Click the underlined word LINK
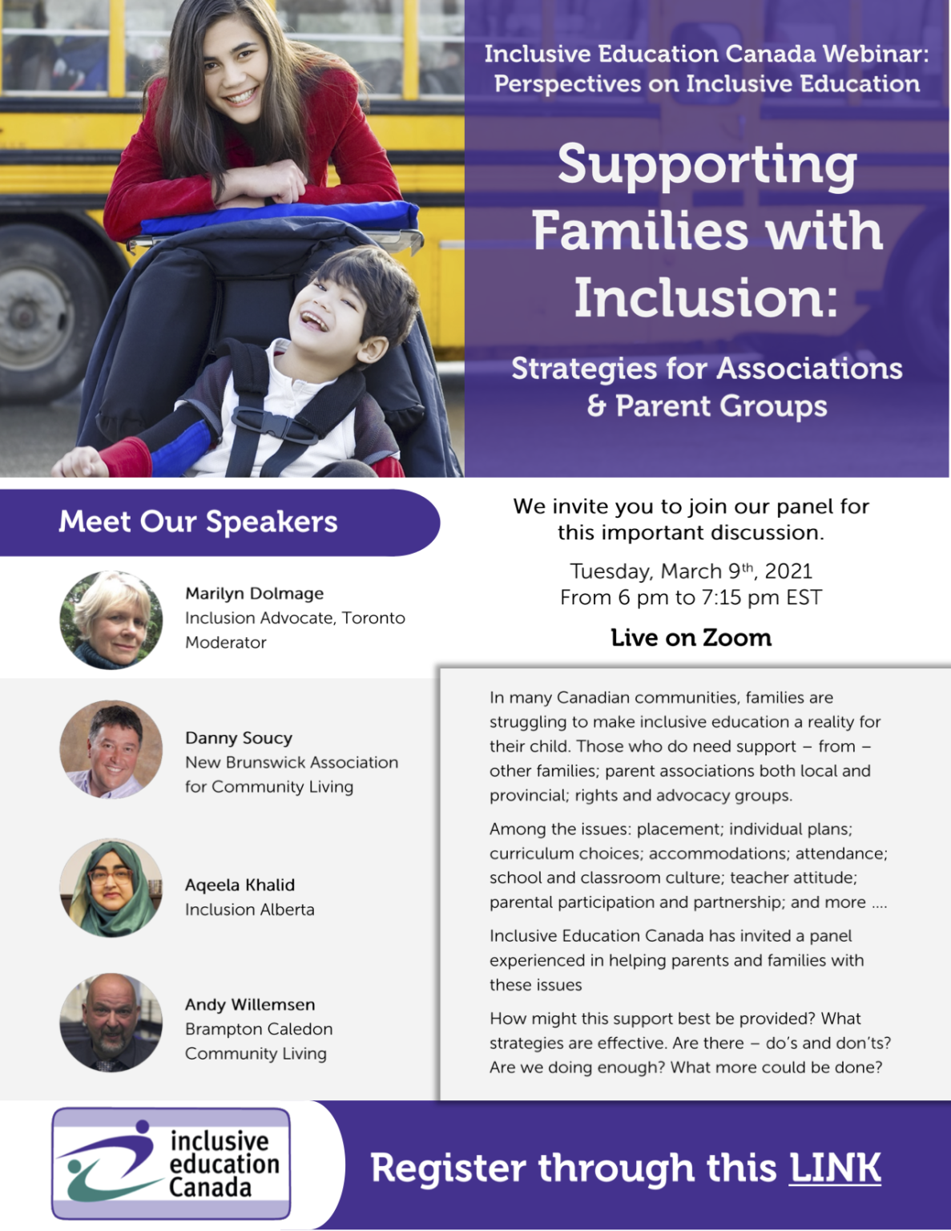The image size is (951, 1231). (x=835, y=1168)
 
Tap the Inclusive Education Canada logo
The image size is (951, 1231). (x=171, y=1164)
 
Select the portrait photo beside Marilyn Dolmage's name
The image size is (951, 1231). (x=111, y=620)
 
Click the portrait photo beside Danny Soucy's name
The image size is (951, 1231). (x=111, y=749)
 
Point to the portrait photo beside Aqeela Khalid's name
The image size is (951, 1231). (x=111, y=888)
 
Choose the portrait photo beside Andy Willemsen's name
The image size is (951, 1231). (x=111, y=1023)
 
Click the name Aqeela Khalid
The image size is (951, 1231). (x=240, y=885)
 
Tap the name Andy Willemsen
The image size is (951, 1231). (x=250, y=1004)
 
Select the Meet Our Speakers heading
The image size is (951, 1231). (x=198, y=522)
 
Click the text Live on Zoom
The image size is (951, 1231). (x=691, y=638)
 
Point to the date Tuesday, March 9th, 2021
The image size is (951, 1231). (x=691, y=571)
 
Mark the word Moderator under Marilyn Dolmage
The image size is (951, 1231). (x=226, y=643)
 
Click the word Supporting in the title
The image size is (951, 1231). (x=707, y=164)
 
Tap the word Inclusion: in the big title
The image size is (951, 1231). (x=707, y=297)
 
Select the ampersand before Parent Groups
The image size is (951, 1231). (x=596, y=406)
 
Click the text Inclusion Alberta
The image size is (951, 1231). (x=250, y=910)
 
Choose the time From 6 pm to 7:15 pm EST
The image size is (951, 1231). (x=691, y=598)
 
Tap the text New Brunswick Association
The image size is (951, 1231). (x=292, y=762)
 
